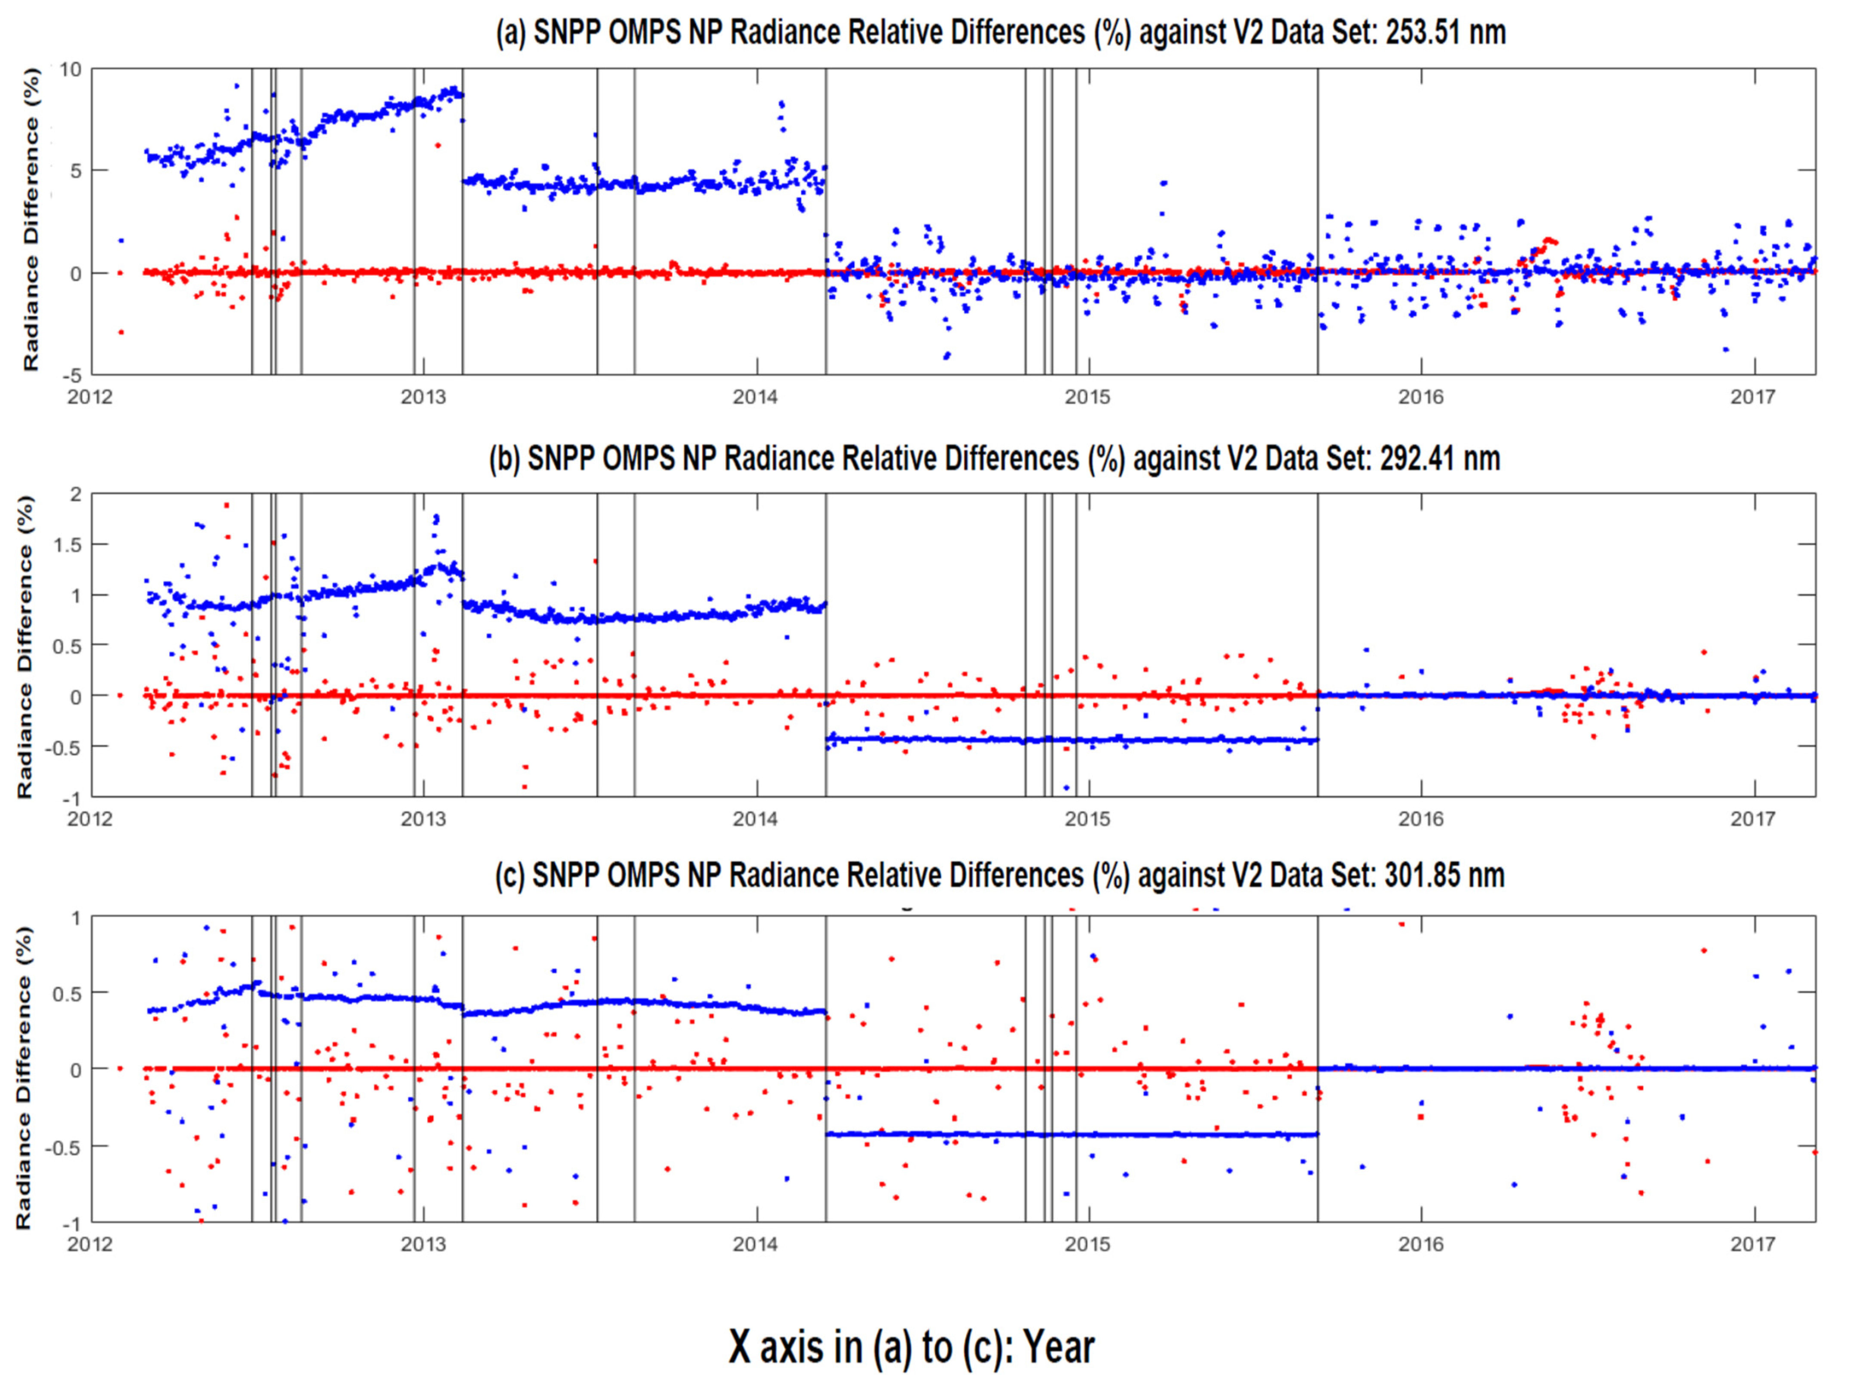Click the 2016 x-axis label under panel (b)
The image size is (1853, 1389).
(x=1421, y=818)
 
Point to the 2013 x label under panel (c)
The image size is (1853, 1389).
(x=423, y=1244)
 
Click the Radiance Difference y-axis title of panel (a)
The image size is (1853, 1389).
(x=31, y=220)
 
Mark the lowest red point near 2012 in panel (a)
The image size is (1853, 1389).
(x=121, y=332)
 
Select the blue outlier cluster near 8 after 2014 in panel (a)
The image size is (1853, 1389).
(x=781, y=116)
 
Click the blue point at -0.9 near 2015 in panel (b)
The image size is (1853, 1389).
(x=1066, y=788)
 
